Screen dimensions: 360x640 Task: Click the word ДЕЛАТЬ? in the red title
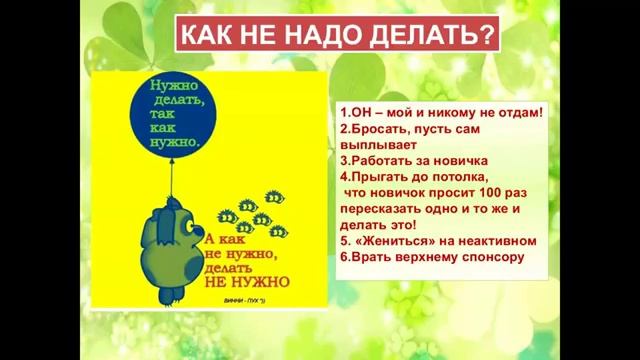(x=437, y=38)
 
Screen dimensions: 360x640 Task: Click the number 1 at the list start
(x=343, y=113)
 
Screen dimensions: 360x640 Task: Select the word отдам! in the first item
(x=516, y=113)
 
